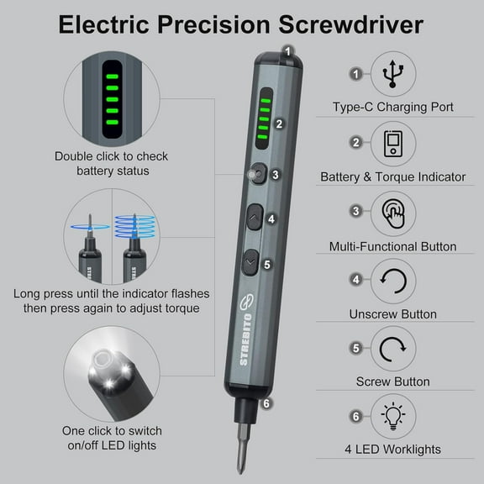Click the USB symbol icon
(x=392, y=75)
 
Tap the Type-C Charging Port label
(x=392, y=108)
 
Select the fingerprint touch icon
(x=392, y=211)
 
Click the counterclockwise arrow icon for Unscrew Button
(x=392, y=280)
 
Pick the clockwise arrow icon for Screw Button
(x=392, y=348)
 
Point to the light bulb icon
(x=392, y=416)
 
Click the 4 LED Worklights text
(x=392, y=450)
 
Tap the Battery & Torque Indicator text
(x=392, y=177)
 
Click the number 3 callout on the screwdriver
(x=275, y=175)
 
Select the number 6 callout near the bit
(x=266, y=402)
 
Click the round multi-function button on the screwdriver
(x=254, y=174)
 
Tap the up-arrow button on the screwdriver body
(x=253, y=219)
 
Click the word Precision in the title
(x=231, y=24)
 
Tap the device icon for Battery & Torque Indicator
(x=392, y=143)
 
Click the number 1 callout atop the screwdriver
(x=287, y=50)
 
